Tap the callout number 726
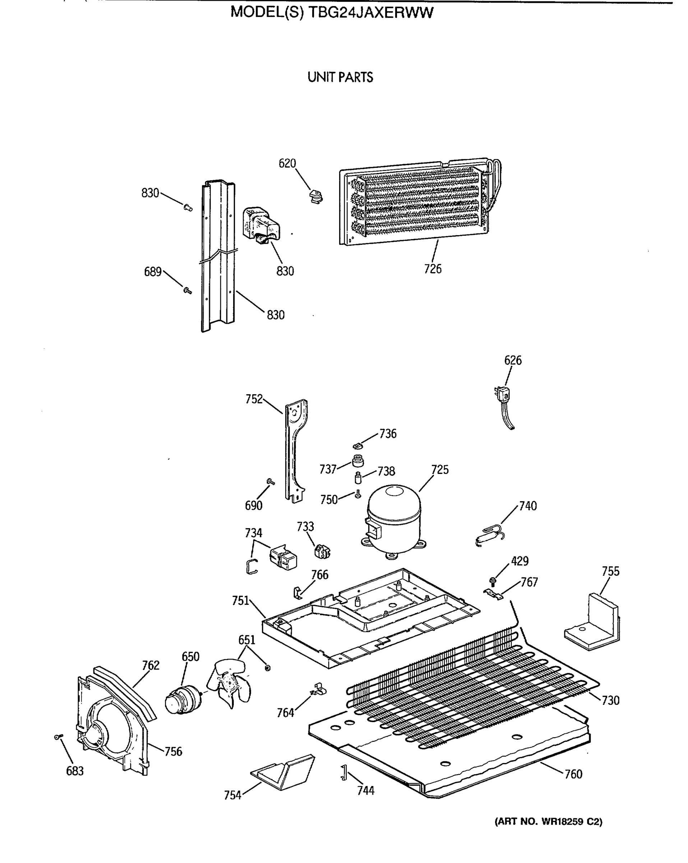pos(433,269)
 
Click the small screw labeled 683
pos(58,737)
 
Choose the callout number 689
pos(153,272)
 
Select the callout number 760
pos(573,774)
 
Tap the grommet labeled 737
pos(358,461)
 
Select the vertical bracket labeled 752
pos(296,450)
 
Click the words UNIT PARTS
pos(340,77)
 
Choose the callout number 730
pos(610,700)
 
